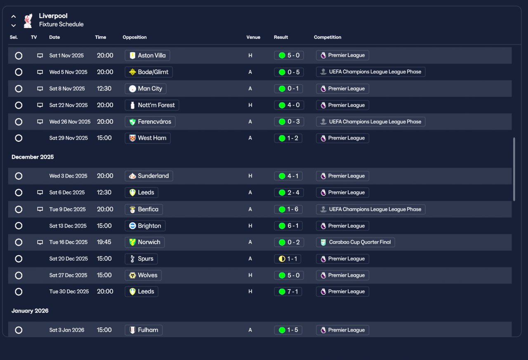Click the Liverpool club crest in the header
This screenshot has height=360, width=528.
[28, 21]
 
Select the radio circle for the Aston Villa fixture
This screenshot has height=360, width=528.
[19, 56]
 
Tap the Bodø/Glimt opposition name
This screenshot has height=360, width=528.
[153, 72]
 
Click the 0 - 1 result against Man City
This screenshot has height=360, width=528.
[293, 89]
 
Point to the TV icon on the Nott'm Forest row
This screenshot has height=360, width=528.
[40, 105]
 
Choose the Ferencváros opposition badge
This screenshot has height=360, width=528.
[132, 122]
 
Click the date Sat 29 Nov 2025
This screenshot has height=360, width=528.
[68, 138]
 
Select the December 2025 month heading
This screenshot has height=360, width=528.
[33, 157]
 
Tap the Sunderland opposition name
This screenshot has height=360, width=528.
[153, 176]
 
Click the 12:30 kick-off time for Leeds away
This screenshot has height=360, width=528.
[104, 193]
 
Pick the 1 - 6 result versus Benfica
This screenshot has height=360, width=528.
[292, 209]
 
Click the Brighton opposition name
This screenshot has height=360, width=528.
[149, 226]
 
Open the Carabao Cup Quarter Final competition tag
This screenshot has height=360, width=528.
[356, 242]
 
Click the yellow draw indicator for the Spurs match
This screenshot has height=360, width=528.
[282, 259]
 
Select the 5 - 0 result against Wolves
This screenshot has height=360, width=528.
[293, 275]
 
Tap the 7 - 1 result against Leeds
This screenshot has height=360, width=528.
[292, 292]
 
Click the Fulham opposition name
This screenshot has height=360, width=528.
[148, 330]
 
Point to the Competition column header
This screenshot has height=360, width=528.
[328, 37]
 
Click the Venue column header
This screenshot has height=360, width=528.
[253, 37]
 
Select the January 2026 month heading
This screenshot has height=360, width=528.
[30, 311]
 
